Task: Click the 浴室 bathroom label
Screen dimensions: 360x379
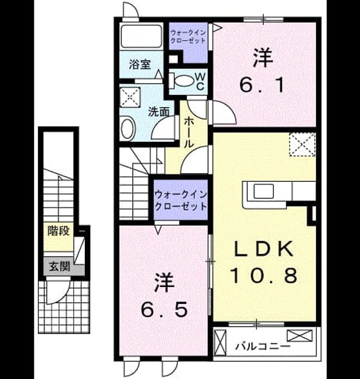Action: tap(140, 64)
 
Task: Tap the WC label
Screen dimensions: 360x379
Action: tap(200, 82)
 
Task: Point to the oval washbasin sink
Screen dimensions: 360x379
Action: tap(128, 128)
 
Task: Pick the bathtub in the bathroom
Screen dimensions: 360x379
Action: tap(141, 35)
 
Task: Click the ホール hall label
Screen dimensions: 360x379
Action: tap(189, 133)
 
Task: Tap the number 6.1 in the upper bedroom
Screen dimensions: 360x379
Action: tap(262, 85)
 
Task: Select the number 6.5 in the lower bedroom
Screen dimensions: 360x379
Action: tap(164, 309)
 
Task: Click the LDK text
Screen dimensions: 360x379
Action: tap(264, 248)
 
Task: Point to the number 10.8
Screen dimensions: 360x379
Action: tap(264, 276)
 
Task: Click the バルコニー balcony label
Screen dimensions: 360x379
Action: tap(263, 347)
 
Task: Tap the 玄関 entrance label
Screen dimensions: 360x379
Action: tap(59, 267)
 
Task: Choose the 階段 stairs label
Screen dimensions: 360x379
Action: tap(59, 230)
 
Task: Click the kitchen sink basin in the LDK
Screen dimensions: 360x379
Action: tap(263, 191)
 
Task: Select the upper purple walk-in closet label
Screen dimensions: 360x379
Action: tap(188, 36)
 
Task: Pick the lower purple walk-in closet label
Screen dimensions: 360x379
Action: tap(181, 200)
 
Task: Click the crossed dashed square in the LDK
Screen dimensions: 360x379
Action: tap(302, 144)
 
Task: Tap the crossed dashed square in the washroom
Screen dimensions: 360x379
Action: tap(130, 97)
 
